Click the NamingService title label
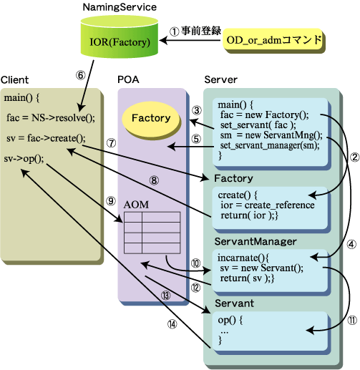tap(120, 7)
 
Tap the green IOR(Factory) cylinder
tap(120, 37)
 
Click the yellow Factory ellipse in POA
tap(151, 120)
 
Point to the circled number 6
tap(81, 75)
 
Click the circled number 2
tap(354, 157)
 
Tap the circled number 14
tap(172, 324)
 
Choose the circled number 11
tap(352, 321)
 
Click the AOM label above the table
tap(136, 205)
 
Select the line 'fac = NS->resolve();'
tap(51, 117)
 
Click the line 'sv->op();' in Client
tap(24, 158)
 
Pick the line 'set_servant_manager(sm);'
tap(270, 145)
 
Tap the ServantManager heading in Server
tap(256, 241)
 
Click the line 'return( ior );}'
tap(249, 215)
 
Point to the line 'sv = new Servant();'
tap(261, 268)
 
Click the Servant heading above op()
tap(234, 303)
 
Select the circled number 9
tap(111, 201)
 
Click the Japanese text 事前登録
tap(201, 31)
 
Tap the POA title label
tap(128, 79)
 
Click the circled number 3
tap(197, 110)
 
